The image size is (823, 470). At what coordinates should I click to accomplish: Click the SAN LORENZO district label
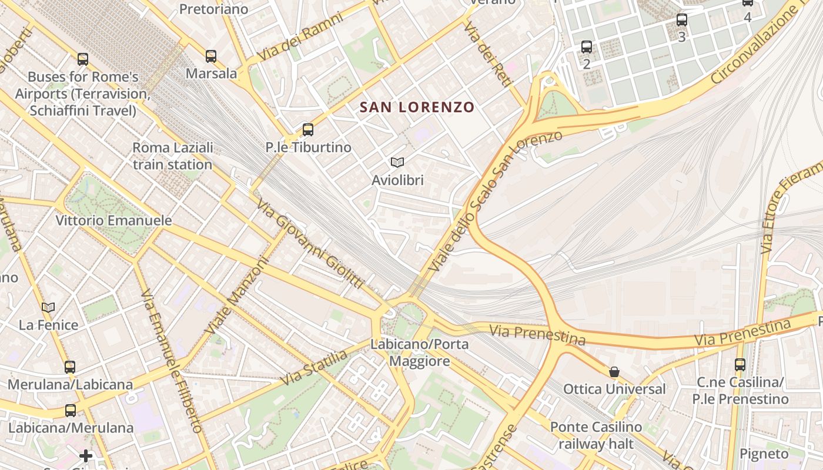(417, 107)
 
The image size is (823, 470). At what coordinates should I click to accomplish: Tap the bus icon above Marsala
(211, 56)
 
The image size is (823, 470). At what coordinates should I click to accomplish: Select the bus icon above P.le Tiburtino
(308, 130)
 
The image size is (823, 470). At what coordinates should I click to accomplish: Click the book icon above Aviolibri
(397, 162)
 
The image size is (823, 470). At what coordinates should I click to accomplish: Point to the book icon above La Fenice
(48, 307)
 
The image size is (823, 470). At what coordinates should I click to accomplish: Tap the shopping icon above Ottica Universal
(614, 372)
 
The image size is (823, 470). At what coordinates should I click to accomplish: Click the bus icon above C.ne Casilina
(740, 365)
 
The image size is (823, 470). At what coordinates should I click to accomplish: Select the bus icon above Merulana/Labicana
(70, 367)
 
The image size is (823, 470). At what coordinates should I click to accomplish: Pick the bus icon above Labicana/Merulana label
(71, 410)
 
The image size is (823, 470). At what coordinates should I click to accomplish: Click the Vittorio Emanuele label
(113, 221)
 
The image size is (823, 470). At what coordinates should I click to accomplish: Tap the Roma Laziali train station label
(172, 156)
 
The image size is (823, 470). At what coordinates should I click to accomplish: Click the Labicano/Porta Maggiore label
(420, 352)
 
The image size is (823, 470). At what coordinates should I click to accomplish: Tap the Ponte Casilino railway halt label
(596, 435)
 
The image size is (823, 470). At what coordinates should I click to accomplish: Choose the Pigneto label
(764, 454)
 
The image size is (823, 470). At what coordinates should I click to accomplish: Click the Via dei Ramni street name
(300, 36)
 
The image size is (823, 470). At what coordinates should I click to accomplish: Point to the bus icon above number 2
(587, 47)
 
